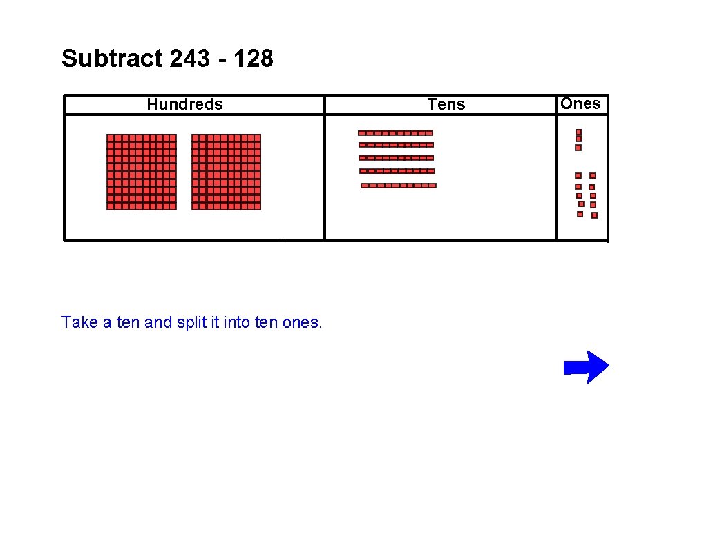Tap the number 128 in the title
253,59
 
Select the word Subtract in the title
111,59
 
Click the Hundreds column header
185,104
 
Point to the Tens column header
446,104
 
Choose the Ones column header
580,103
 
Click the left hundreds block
142,172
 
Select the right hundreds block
226,172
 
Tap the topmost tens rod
395,132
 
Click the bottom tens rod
399,186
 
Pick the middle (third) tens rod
396,158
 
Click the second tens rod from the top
396,145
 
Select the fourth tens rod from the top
397,170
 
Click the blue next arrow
586,367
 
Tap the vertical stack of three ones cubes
578,139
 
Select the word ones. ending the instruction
302,322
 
